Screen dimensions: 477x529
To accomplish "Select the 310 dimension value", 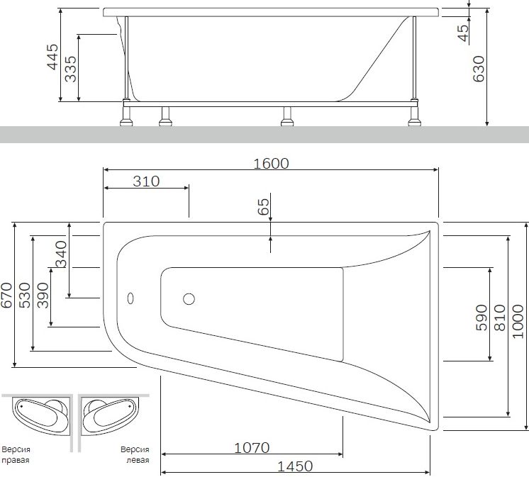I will click(x=146, y=181).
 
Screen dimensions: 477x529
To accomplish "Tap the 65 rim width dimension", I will click(x=263, y=207).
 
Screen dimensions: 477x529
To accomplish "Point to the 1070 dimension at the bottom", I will click(x=251, y=447).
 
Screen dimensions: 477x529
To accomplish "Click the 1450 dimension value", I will click(x=295, y=466).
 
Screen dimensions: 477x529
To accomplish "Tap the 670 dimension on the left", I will click(x=7, y=296).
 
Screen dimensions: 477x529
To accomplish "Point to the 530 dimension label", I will click(x=25, y=296).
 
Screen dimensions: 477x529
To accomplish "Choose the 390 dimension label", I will click(x=43, y=296).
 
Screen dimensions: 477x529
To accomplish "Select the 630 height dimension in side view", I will click(x=479, y=68).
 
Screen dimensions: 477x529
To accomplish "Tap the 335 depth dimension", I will click(x=70, y=68).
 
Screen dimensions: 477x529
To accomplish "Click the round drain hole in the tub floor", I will click(x=189, y=299).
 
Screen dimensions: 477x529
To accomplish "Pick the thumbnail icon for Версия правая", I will click(x=38, y=418).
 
